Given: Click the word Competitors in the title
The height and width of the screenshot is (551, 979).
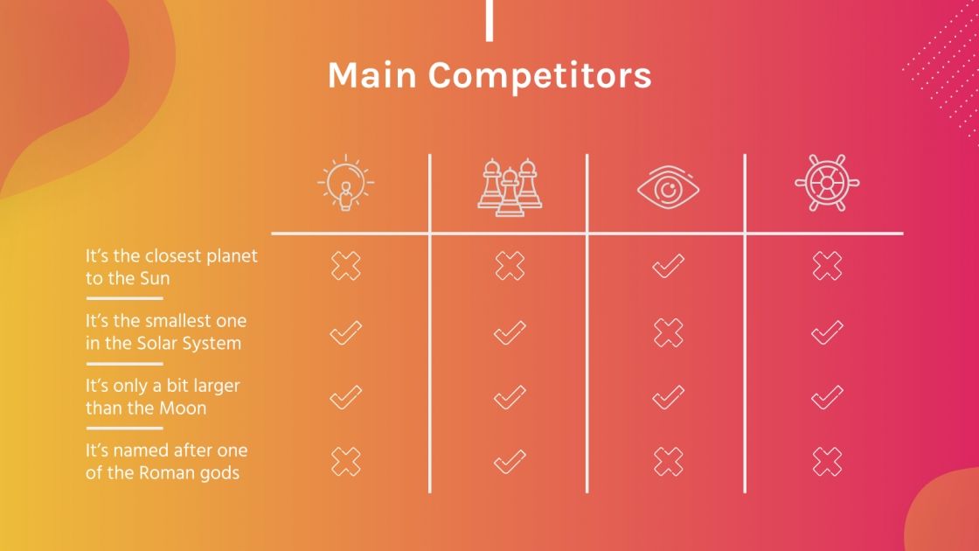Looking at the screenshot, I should [x=539, y=75].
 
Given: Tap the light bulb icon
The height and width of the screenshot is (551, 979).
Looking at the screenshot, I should [x=345, y=184].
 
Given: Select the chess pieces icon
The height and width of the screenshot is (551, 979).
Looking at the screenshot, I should [x=510, y=185].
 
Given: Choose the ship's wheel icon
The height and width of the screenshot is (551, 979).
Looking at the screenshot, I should [x=827, y=184].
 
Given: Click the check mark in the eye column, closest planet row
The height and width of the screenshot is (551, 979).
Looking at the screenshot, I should [x=669, y=266].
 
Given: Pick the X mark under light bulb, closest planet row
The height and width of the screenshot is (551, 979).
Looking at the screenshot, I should [x=345, y=266].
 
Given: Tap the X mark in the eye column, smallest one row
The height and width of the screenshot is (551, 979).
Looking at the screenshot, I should [x=669, y=332].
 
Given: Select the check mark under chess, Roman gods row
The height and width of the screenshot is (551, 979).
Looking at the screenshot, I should [x=510, y=461].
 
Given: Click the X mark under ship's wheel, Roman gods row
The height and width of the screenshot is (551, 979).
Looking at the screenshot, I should [x=827, y=461].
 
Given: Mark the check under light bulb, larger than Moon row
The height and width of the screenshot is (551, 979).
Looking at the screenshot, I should [x=345, y=398].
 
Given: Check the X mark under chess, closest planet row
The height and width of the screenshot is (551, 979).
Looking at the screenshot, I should [x=510, y=266].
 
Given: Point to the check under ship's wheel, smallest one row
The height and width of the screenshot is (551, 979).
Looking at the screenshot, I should [x=827, y=332].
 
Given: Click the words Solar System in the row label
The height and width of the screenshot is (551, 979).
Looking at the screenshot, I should [x=188, y=344].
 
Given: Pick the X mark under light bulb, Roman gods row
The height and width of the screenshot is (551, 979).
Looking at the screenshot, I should [x=345, y=461].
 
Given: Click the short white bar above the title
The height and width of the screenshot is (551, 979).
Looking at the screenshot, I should [x=489, y=21].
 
